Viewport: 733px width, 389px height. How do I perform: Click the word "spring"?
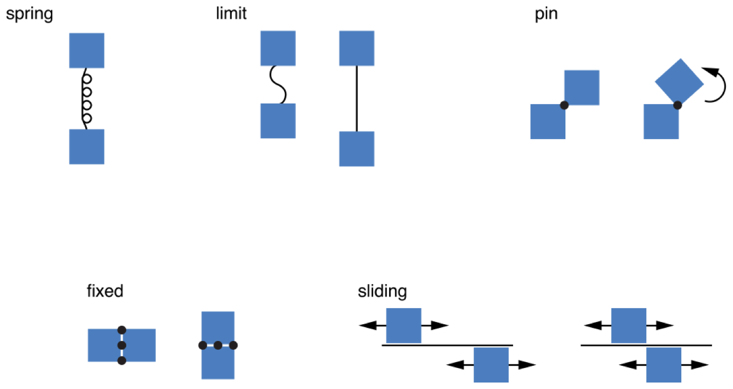tap(29, 14)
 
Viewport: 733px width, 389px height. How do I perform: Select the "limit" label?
tap(231, 13)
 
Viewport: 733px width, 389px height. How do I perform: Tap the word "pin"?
tap(546, 14)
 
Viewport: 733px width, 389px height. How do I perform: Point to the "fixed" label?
tap(105, 291)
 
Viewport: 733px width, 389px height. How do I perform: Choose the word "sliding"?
tap(382, 292)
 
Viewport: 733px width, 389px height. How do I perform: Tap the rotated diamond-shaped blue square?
tap(679, 80)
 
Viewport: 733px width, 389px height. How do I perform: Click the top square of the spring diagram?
tap(87, 50)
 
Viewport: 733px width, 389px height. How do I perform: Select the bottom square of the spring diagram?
tap(87, 147)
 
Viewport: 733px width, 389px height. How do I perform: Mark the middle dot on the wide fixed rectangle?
tap(122, 345)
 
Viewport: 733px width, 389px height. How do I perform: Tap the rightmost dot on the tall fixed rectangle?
tap(233, 345)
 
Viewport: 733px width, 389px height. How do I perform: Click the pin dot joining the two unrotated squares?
tap(564, 105)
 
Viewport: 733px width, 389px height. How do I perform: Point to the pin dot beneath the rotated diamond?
tap(677, 105)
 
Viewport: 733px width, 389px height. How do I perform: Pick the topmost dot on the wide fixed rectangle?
tap(122, 329)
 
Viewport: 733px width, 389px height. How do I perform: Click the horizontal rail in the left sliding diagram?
tap(447, 344)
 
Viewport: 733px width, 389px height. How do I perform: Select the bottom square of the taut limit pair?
tap(356, 149)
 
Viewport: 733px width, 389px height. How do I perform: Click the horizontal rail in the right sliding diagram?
tap(646, 344)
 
